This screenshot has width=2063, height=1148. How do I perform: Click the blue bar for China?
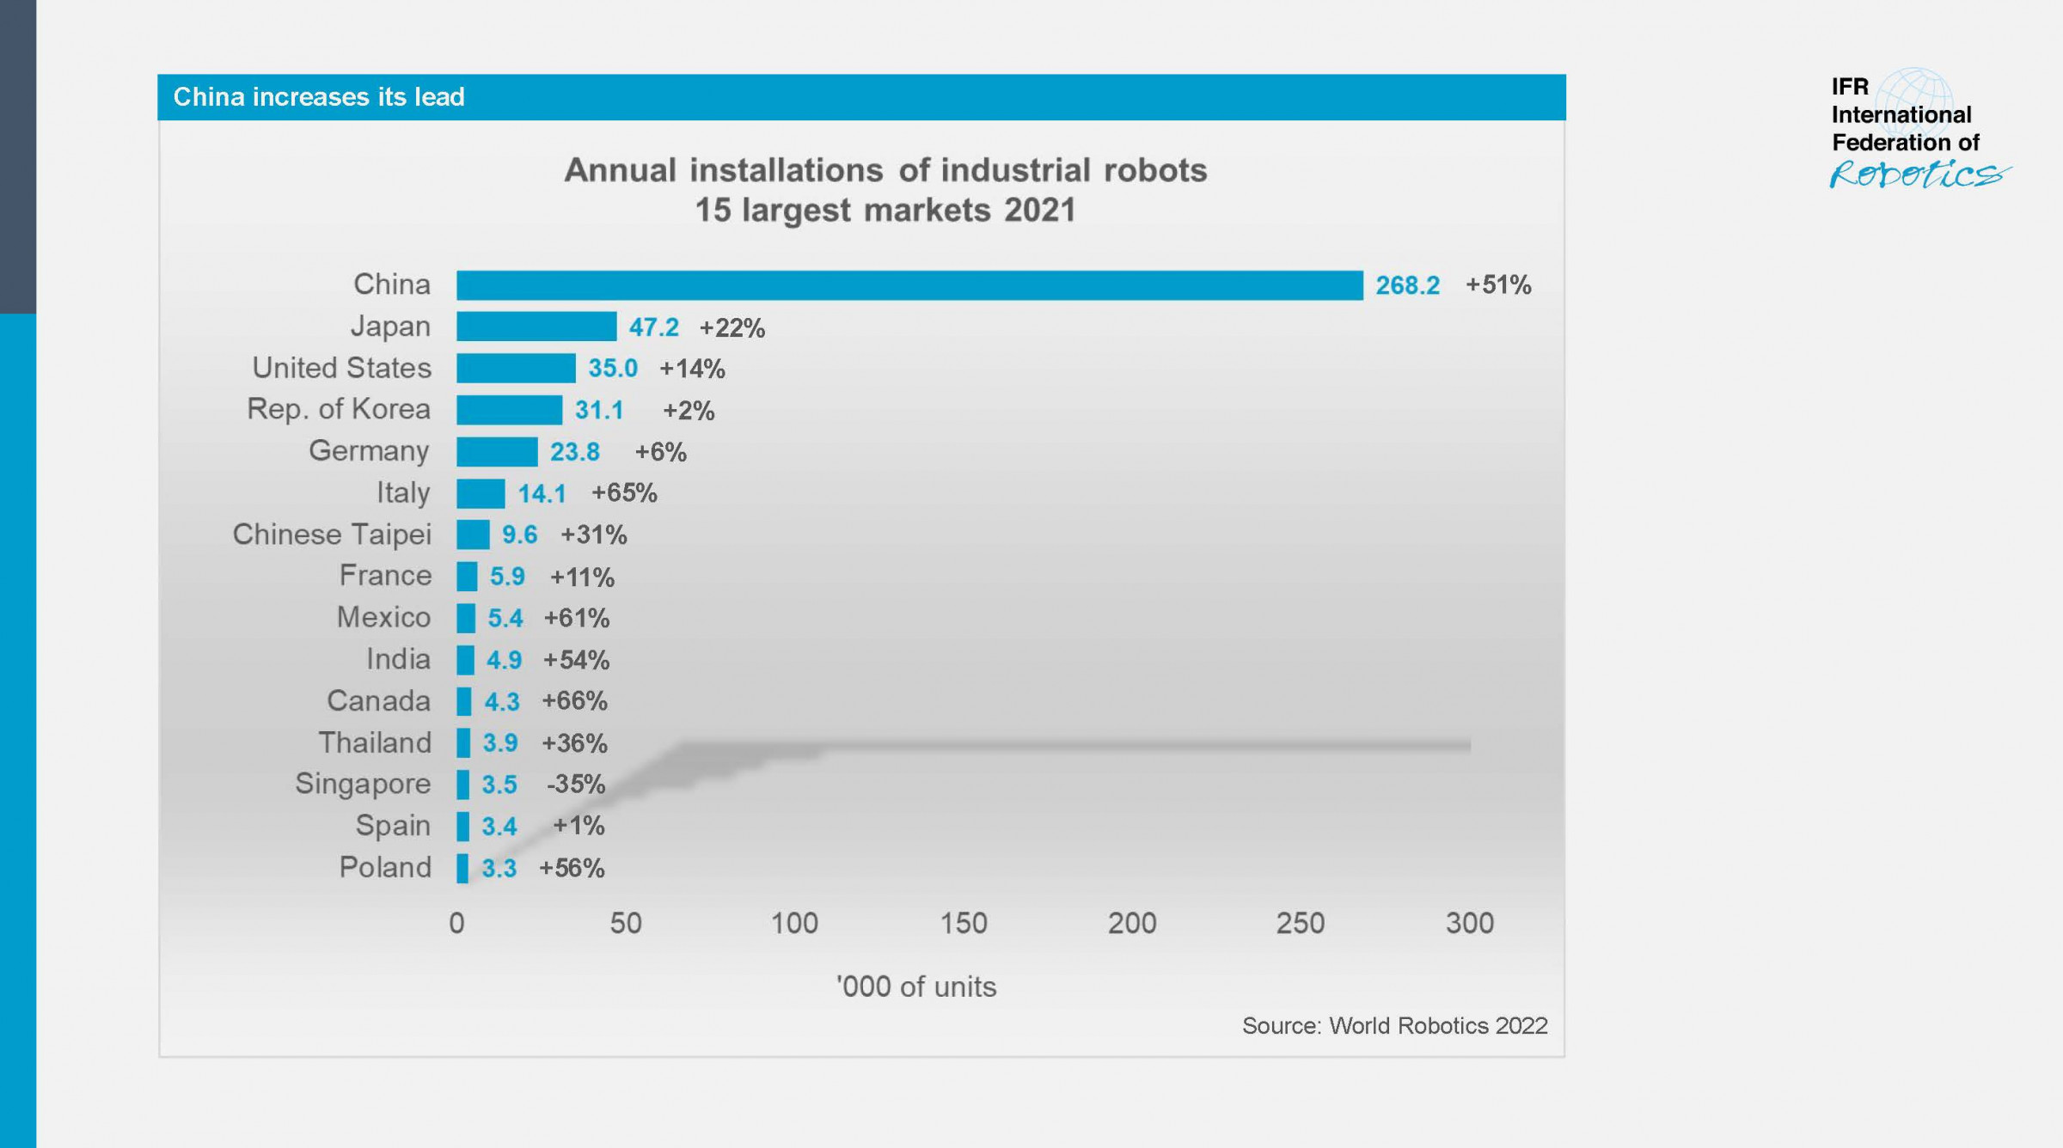tap(909, 285)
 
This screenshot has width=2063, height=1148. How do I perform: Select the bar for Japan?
tap(536, 327)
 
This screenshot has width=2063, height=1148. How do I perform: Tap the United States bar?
tap(516, 369)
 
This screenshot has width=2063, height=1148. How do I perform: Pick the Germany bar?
tap(497, 452)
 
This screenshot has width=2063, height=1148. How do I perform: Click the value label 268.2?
tap(1407, 285)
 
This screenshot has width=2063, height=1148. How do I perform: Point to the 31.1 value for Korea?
tap(599, 411)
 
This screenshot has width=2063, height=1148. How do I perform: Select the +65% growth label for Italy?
tap(624, 493)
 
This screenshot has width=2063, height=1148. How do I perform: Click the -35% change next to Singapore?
tap(576, 785)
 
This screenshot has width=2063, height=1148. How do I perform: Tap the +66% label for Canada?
tap(574, 701)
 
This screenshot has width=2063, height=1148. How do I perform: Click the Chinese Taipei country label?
tap(332, 534)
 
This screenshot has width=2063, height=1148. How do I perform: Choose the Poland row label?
tap(385, 868)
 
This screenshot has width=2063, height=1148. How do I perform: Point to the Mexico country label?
tap(383, 618)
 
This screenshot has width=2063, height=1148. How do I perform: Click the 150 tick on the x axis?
tap(963, 924)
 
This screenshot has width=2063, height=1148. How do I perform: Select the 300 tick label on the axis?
tap(1469, 924)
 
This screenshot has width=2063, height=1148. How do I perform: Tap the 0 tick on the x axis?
tap(456, 924)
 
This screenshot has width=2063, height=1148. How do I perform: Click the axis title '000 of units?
tap(916, 987)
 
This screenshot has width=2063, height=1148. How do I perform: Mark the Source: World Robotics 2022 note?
tap(1394, 1026)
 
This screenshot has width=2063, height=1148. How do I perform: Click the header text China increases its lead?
tap(319, 97)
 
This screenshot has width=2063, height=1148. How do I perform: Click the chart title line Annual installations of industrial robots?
tap(885, 170)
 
